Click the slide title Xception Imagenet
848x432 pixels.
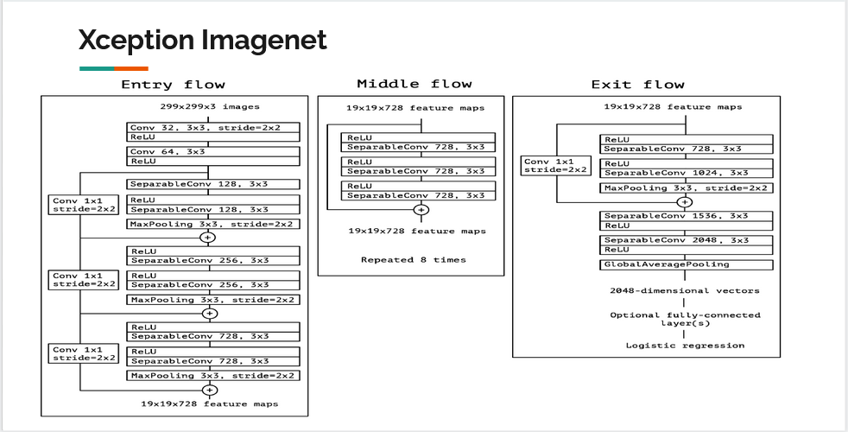pos(203,40)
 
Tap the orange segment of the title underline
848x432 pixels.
pos(131,68)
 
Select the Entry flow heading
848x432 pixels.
pos(173,85)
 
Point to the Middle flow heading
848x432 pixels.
pos(415,84)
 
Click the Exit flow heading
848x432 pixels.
pos(637,85)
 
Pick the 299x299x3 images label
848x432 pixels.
pos(210,106)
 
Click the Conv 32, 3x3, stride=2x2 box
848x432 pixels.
pos(213,131)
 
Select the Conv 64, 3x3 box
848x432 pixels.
pos(213,156)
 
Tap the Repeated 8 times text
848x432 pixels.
pos(413,259)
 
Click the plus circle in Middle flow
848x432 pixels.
pos(421,209)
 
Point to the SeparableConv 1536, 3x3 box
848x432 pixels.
pos(686,220)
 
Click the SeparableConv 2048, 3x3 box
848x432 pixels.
pos(686,245)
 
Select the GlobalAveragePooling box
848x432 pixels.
pos(686,264)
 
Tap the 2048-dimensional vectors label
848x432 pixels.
pos(685,291)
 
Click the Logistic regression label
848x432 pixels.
pos(685,346)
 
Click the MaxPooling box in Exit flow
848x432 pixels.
pos(686,187)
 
